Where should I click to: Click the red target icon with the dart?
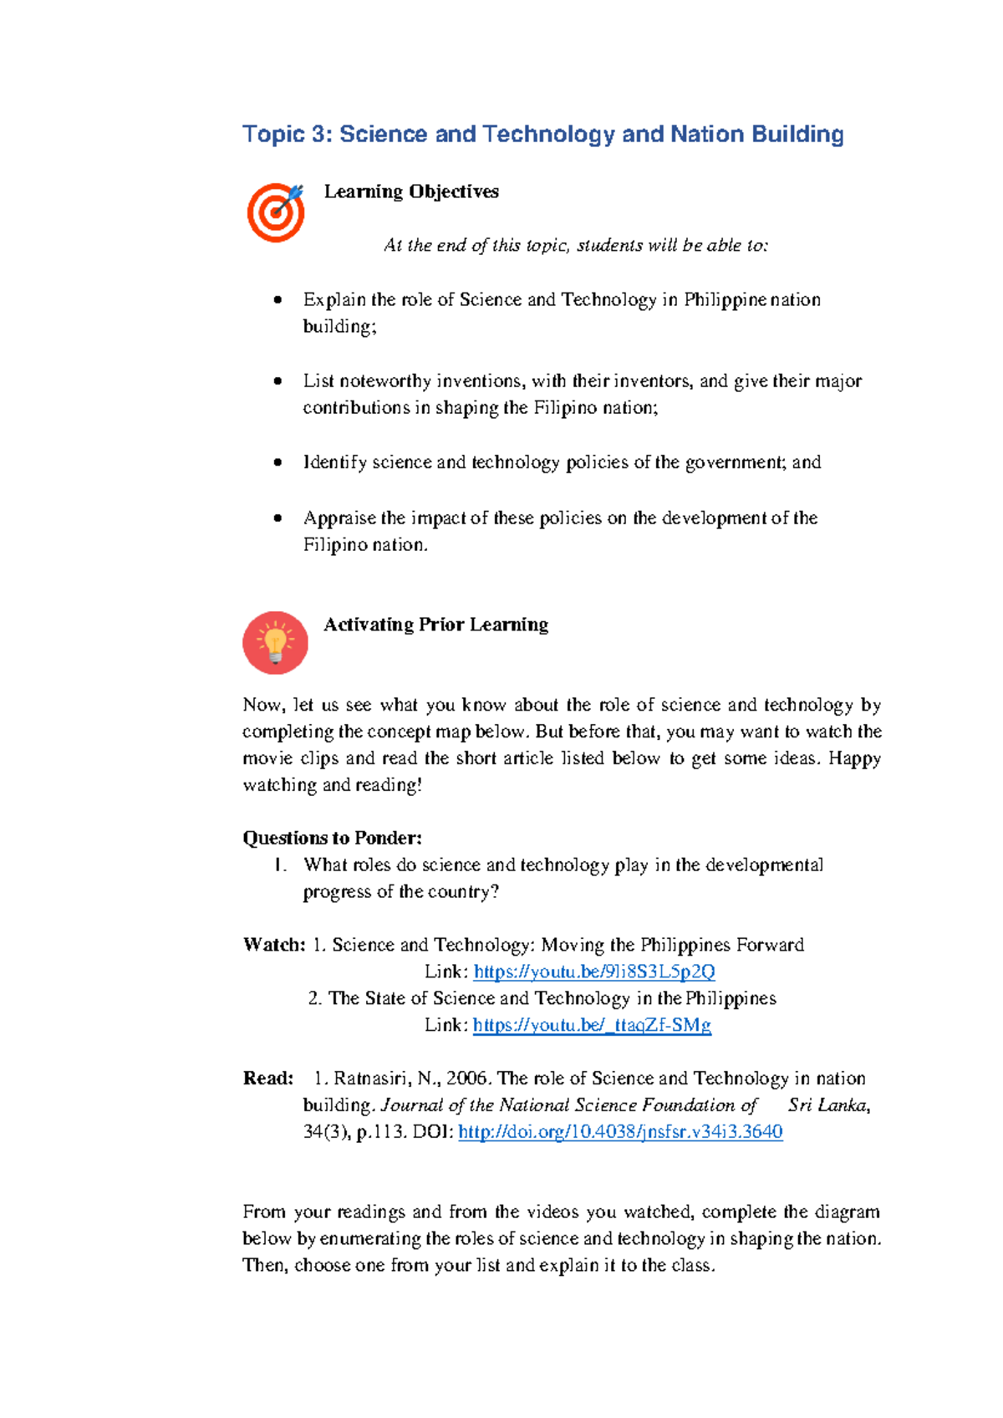click(275, 212)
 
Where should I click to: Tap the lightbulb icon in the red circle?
click(275, 642)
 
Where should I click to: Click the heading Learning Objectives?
click(411, 191)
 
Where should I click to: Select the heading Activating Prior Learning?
click(435, 625)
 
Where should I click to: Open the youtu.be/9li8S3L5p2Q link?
click(593, 972)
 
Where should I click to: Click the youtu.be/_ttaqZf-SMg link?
click(592, 1025)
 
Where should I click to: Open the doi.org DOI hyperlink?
click(620, 1132)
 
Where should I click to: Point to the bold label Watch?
click(274, 945)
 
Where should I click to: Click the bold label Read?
click(267, 1079)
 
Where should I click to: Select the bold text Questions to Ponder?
click(332, 838)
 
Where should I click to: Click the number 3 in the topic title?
click(320, 135)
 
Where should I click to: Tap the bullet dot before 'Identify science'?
click(277, 462)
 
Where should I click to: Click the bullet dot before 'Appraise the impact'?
click(277, 518)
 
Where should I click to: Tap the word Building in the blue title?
click(797, 135)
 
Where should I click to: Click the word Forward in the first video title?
click(770, 945)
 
